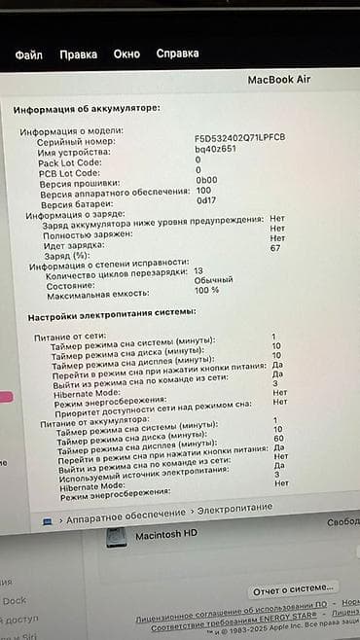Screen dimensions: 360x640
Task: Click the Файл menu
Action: pyautogui.click(x=29, y=54)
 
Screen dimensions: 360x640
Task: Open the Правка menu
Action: pyautogui.click(x=78, y=54)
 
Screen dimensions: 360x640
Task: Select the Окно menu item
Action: pyautogui.click(x=126, y=54)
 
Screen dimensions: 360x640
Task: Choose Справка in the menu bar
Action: pyautogui.click(x=178, y=54)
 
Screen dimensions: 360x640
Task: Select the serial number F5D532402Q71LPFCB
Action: pyautogui.click(x=240, y=139)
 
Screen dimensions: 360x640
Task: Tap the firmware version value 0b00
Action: pyautogui.click(x=206, y=181)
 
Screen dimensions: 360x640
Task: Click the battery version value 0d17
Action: pyautogui.click(x=205, y=200)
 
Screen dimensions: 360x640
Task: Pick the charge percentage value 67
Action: pyautogui.click(x=275, y=248)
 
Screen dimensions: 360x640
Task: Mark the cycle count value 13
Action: pyautogui.click(x=198, y=270)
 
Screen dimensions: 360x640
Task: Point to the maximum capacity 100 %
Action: pyautogui.click(x=206, y=290)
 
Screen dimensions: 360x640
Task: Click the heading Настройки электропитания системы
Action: pyautogui.click(x=112, y=312)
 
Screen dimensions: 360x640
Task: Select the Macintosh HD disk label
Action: pyautogui.click(x=165, y=534)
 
